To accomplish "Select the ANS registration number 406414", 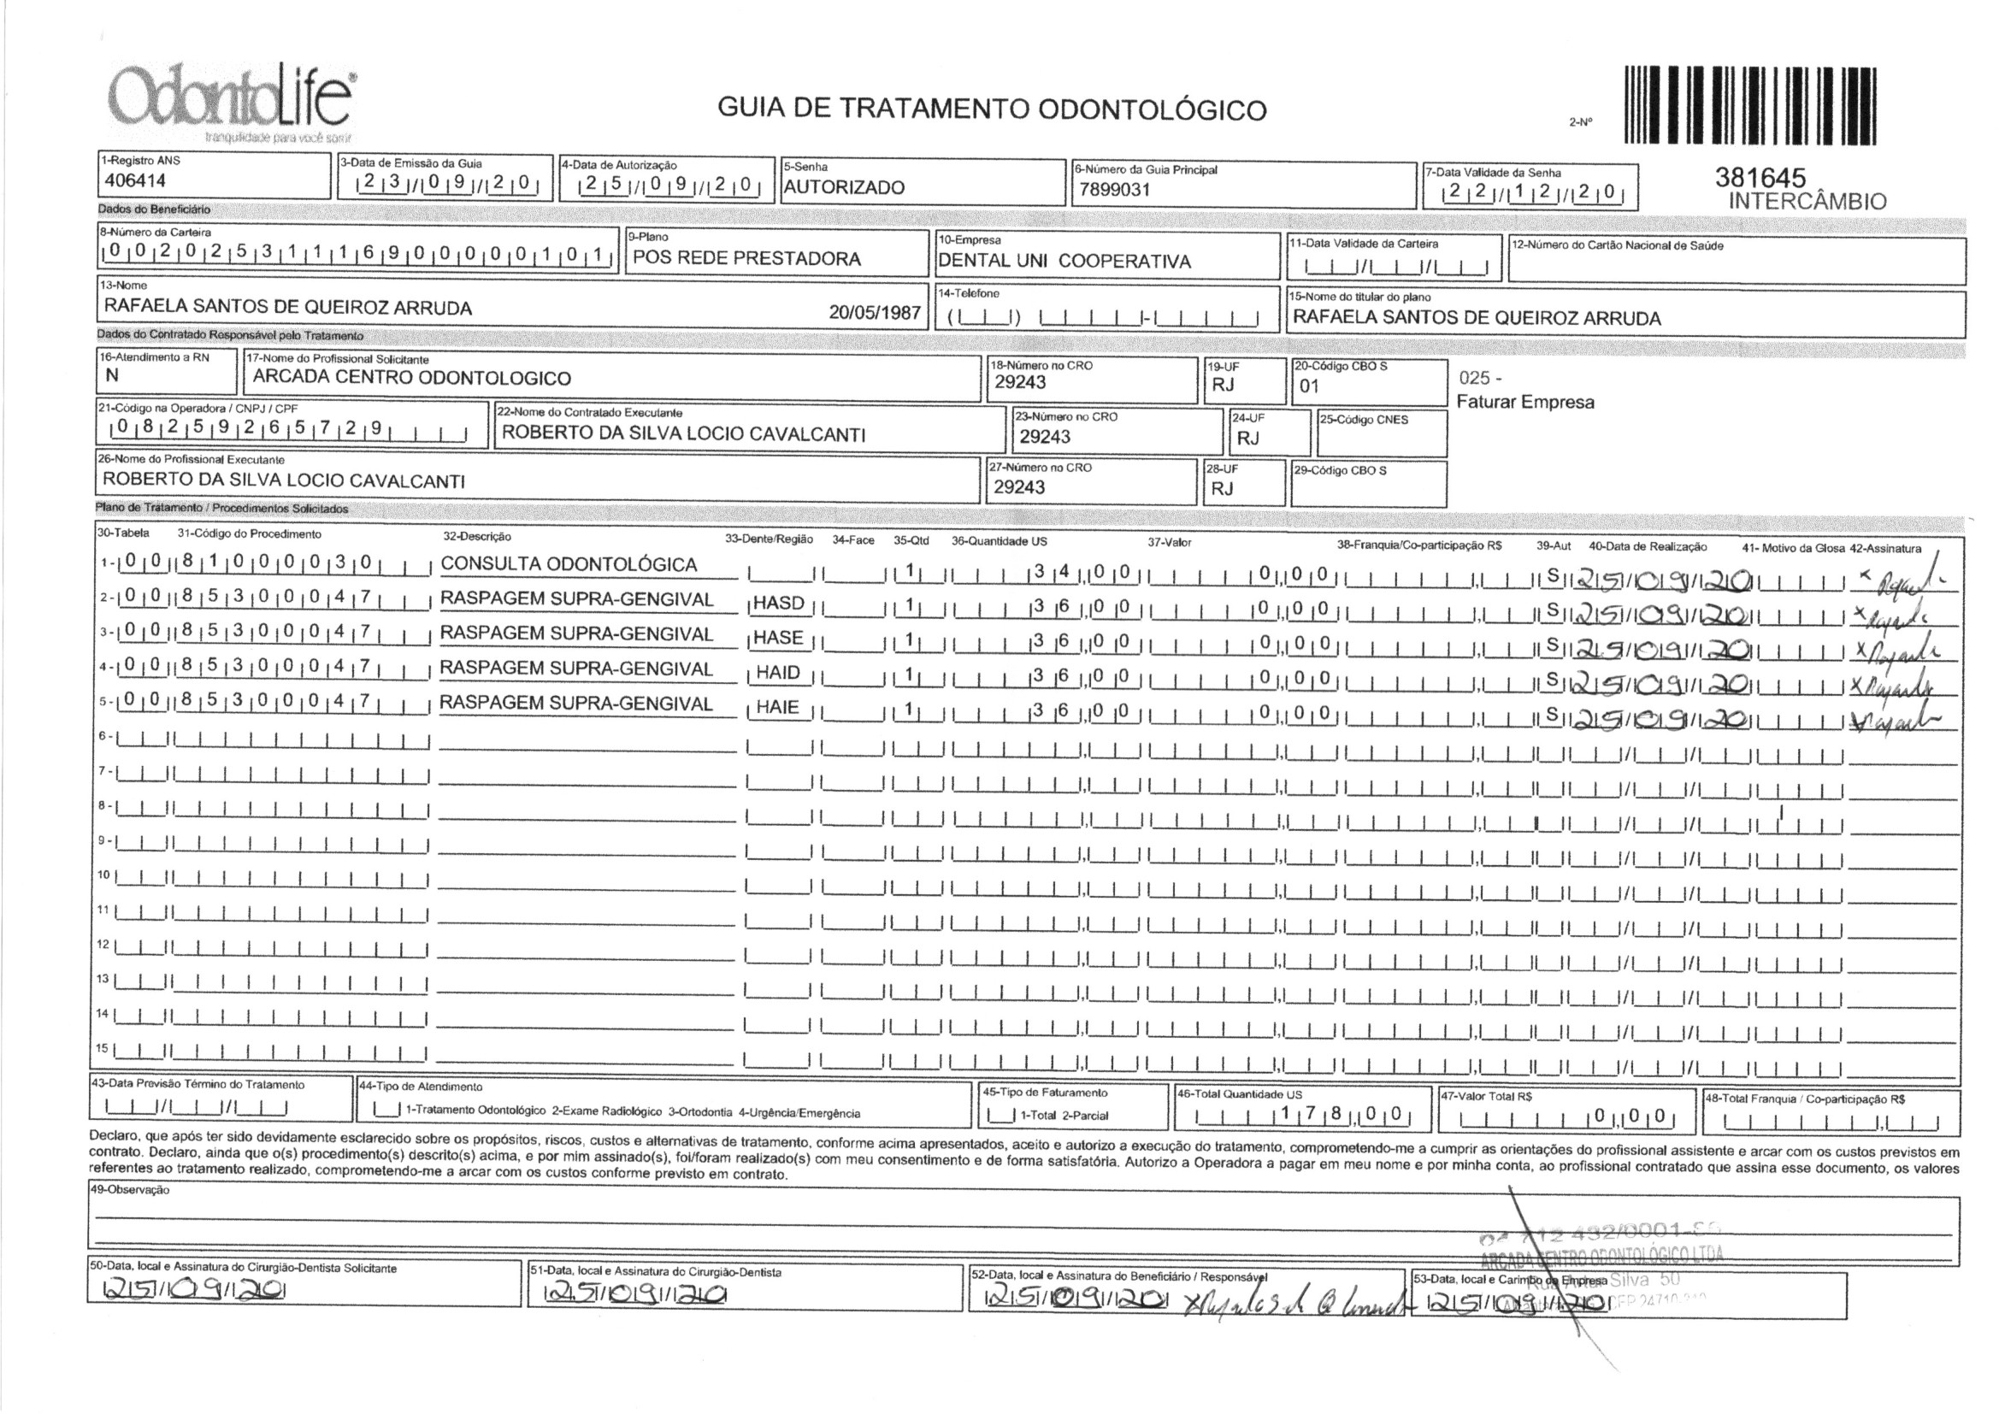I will (135, 181).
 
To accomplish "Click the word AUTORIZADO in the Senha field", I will (844, 187).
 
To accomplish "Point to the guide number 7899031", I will (1114, 190).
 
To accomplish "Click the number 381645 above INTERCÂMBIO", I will (1760, 178).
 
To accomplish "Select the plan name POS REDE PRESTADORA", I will (746, 258).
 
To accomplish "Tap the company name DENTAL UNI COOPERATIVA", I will (1064, 262).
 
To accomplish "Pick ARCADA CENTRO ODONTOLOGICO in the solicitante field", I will (412, 378).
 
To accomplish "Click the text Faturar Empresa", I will (1525, 403).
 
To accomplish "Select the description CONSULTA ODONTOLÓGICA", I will (569, 564).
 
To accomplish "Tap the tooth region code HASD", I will (778, 603).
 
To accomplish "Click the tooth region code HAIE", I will (776, 707).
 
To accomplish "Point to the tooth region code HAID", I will (777, 672).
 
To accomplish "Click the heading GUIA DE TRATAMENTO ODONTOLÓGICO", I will (992, 109).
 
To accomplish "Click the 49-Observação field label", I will (130, 1189).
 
